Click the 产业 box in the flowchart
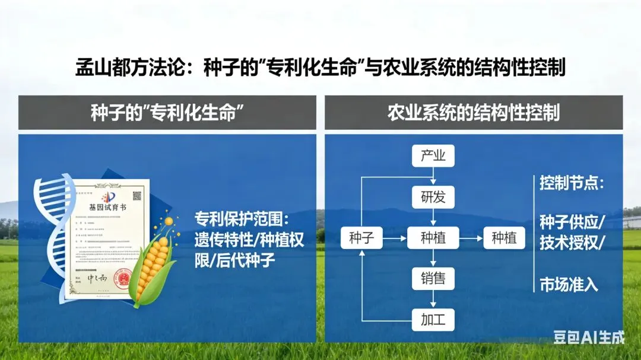tap(433, 157)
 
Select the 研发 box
tap(433, 197)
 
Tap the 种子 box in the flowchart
tap(361, 238)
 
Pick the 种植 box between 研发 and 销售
tap(433, 238)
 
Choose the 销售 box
tap(433, 278)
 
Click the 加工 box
tap(433, 320)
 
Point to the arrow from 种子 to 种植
tap(394, 238)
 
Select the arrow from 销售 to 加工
tap(433, 299)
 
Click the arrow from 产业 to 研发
tap(433, 177)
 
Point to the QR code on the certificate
tap(137, 195)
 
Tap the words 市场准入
tap(568, 285)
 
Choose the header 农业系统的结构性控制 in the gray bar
tap(473, 112)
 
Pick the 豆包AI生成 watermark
tap(589, 337)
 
